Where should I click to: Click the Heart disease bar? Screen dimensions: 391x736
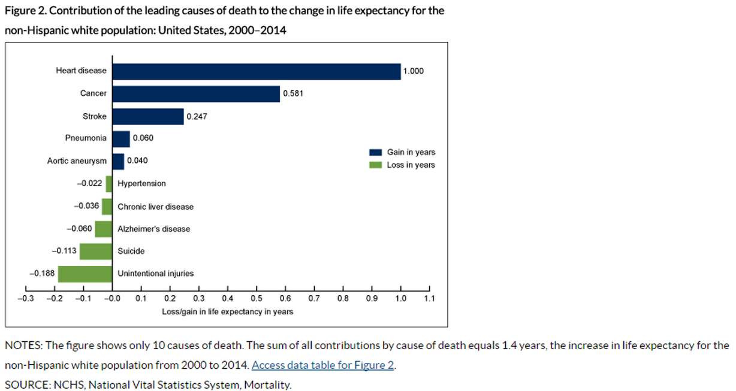[x=257, y=71]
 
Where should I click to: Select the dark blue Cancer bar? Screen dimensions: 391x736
[x=196, y=94]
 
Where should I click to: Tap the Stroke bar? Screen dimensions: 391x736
[x=148, y=116]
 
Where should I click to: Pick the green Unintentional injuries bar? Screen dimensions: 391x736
[x=85, y=274]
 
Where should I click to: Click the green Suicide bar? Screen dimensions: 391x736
[x=96, y=251]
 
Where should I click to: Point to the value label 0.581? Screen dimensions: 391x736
[x=293, y=94]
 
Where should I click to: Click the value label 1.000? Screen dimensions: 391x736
[x=414, y=71]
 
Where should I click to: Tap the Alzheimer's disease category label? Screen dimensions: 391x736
[x=153, y=229]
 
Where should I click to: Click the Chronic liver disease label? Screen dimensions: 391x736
[x=155, y=207]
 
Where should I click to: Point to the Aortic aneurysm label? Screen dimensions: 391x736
[x=77, y=161]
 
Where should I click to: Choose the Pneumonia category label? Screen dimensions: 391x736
[x=86, y=138]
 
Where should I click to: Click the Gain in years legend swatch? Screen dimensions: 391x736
[x=375, y=153]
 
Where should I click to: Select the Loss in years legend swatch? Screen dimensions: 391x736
[x=375, y=165]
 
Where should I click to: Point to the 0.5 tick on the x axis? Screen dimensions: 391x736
[x=257, y=298]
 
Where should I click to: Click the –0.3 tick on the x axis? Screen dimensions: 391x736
[x=25, y=298]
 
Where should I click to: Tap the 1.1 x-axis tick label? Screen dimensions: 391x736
[x=430, y=298]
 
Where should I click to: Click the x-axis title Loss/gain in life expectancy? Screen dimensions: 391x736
[x=227, y=312]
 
